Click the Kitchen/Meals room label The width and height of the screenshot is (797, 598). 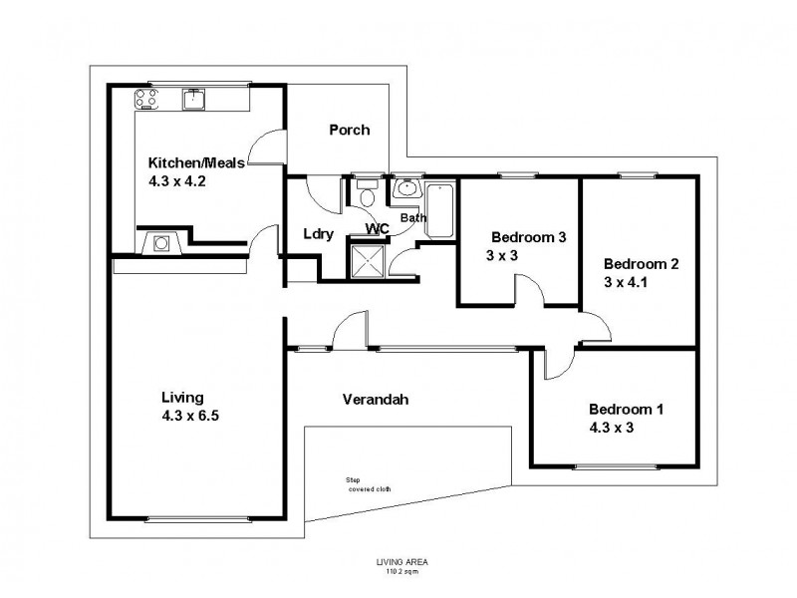190,162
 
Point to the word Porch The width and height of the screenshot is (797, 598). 349,130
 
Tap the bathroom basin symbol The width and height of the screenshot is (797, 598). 405,188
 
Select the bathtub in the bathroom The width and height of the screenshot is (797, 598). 439,210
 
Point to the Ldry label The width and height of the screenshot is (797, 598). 318,234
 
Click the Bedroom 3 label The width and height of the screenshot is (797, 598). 528,237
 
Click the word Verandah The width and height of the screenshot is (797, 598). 376,400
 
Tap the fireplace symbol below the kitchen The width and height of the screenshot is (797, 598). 161,242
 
